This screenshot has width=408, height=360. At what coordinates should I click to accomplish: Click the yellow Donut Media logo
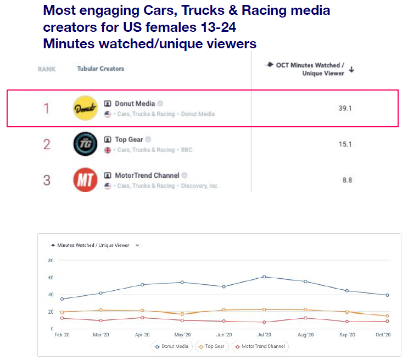(x=85, y=108)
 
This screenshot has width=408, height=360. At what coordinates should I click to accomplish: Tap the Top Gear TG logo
(x=85, y=144)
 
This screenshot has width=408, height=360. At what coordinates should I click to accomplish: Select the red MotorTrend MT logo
(x=85, y=180)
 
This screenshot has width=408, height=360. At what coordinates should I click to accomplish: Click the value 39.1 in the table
(x=345, y=109)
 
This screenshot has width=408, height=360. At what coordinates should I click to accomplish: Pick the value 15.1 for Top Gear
(x=345, y=144)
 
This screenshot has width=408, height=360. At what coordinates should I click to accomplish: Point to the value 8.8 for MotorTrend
(x=346, y=180)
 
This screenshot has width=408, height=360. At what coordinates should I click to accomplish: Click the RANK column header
(x=47, y=69)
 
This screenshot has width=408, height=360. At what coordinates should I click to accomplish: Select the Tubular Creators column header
(x=100, y=69)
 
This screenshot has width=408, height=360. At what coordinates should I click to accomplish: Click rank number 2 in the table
(x=47, y=144)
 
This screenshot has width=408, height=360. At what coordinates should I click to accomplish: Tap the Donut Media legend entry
(x=172, y=346)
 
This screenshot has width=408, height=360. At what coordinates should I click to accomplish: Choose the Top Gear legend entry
(x=211, y=346)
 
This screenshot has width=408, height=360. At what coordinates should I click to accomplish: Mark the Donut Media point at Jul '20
(x=264, y=277)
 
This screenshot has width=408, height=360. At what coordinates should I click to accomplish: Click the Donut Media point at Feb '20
(x=62, y=299)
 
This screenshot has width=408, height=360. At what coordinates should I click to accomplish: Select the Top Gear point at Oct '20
(x=387, y=316)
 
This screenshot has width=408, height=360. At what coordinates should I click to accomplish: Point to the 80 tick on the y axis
(x=51, y=261)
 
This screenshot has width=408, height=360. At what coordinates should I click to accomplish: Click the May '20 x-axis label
(x=183, y=335)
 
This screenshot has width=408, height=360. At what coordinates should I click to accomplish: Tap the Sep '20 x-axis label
(x=347, y=335)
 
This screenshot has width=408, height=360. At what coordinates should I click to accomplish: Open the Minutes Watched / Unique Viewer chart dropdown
(x=137, y=245)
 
